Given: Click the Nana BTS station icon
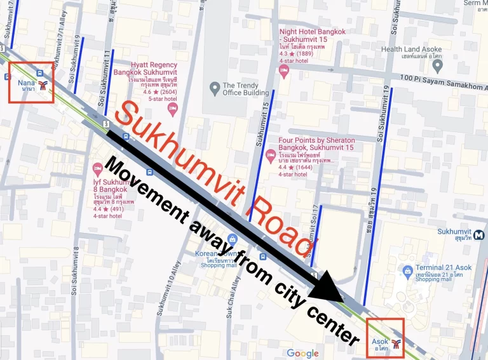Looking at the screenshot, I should tap(43, 86).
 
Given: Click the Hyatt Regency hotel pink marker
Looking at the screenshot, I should tap(172, 109).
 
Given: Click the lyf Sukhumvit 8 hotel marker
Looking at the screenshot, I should tap(98, 170).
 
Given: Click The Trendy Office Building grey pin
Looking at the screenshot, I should tap(215, 87).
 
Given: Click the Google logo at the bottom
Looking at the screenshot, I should tap(302, 353).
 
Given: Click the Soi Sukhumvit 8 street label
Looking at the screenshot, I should tap(76, 279).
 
